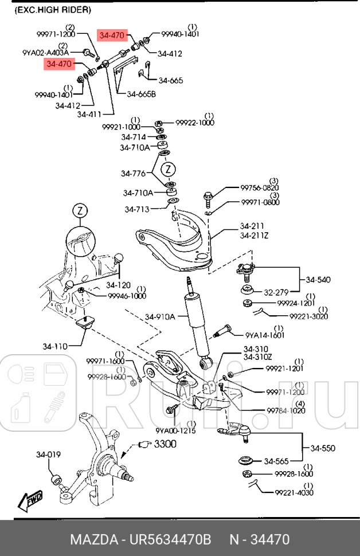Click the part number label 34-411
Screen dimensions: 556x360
pos(89,115)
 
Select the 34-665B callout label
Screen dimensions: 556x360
pos(141,94)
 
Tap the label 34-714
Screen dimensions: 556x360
pos(133,137)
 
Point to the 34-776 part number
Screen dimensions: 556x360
pos(133,173)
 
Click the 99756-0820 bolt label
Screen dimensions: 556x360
pos(260,187)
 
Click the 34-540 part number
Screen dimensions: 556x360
pos(319,280)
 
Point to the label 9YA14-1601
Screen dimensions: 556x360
pos(265,335)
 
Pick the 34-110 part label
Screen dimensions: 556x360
pos(54,346)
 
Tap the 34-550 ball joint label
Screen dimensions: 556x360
pos(323,448)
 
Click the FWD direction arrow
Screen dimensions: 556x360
pos(30,499)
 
